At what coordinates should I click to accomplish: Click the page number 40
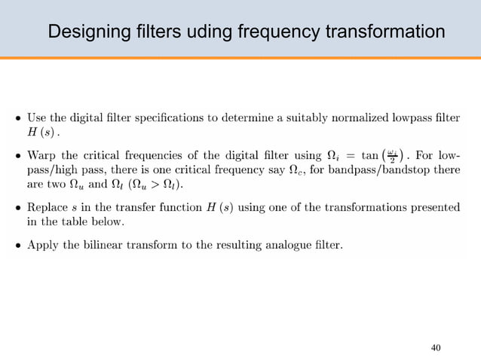[436, 347]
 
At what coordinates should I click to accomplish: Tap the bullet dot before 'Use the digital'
[18, 118]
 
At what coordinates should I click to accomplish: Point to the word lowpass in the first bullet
[427, 117]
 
